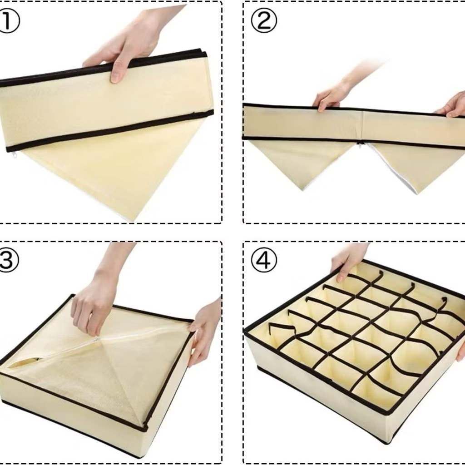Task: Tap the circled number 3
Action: click(8, 260)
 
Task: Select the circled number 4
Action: click(264, 260)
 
